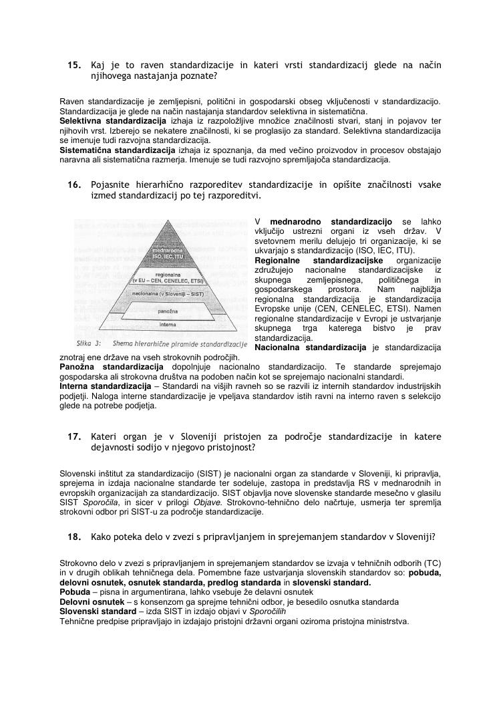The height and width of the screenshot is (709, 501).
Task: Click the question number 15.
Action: pos(74,65)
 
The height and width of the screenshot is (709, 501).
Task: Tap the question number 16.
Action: pos(74,184)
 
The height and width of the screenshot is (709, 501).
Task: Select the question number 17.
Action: pos(74,436)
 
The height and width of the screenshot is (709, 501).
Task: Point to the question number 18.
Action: pos(74,536)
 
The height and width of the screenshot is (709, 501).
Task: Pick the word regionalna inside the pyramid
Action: pos(167,275)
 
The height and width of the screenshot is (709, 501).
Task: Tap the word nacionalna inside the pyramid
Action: pos(148,293)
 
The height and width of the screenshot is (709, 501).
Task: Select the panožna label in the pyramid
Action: pos(168,312)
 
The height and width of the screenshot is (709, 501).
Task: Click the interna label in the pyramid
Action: pos(168,325)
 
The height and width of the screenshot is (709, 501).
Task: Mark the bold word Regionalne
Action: pos(277,260)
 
